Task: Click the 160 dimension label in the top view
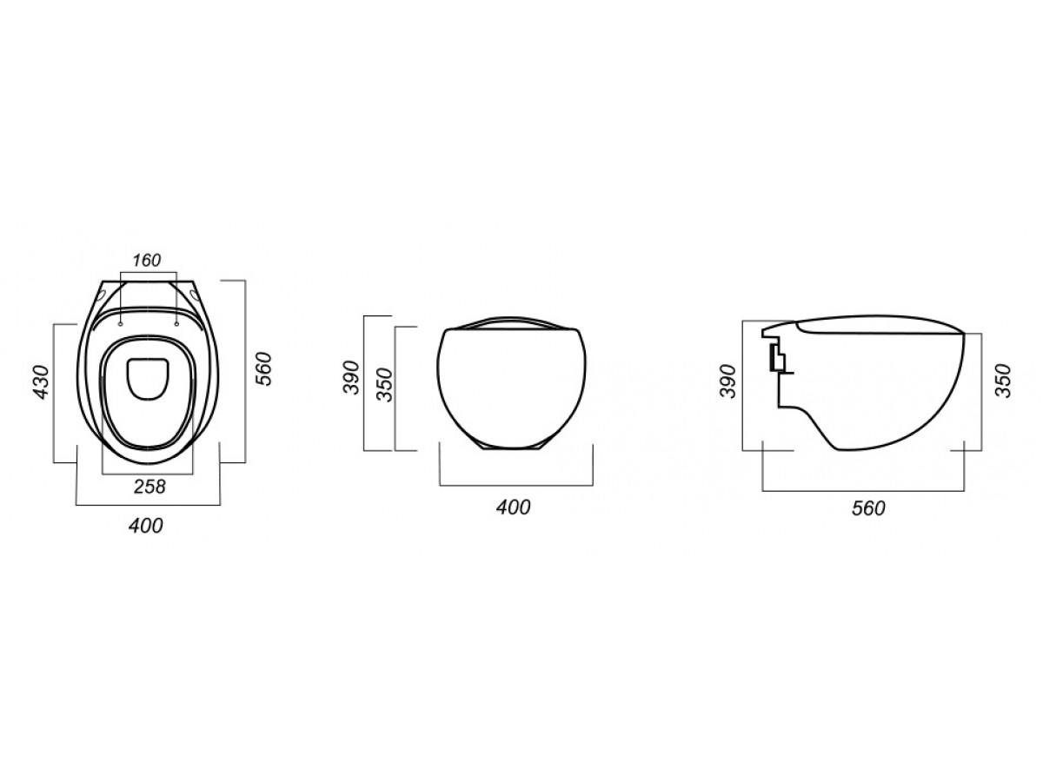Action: [147, 260]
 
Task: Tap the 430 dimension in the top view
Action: [42, 382]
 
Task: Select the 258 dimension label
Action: [149, 487]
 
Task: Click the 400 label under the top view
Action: [146, 526]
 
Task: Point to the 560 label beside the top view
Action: [263, 369]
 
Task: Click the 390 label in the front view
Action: [352, 377]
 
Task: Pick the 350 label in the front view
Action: [385, 385]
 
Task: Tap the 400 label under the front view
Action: [513, 507]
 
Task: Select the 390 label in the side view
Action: [728, 381]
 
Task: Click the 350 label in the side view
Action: [1004, 381]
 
